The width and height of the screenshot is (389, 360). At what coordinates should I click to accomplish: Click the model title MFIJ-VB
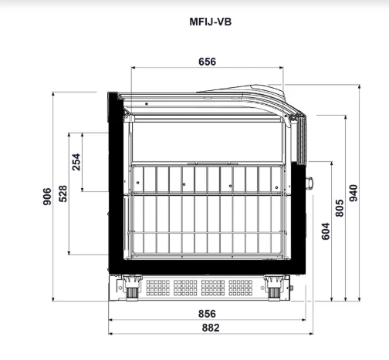211,22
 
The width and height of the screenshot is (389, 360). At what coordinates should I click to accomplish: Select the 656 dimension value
208,62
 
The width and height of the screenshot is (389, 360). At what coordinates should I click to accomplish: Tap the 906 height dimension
47,197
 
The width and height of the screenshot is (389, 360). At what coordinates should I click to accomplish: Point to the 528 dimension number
63,193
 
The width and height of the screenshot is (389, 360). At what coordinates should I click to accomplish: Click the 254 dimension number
76,162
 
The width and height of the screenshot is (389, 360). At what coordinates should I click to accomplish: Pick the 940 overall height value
353,193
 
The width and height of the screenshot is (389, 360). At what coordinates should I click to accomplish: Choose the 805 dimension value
340,208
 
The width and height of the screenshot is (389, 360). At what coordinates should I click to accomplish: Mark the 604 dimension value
326,231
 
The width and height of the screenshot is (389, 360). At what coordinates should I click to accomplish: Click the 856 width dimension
207,314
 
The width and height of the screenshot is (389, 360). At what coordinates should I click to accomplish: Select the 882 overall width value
211,328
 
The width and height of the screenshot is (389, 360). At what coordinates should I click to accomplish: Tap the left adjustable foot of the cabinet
132,288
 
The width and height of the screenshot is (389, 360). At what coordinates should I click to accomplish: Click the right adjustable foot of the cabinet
274,288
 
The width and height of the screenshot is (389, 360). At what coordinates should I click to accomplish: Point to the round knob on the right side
310,183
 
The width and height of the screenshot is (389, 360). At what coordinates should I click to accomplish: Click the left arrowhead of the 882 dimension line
111,334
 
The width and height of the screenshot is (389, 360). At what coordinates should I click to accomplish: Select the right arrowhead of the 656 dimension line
281,68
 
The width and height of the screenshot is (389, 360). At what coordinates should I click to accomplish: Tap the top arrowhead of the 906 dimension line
53,94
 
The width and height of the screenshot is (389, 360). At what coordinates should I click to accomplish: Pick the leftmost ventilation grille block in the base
157,288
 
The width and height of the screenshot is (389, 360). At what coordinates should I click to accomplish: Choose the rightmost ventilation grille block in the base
241,288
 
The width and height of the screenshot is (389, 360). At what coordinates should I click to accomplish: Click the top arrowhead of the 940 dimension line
359,86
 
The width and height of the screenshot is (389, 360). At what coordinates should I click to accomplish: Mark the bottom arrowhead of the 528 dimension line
69,253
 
